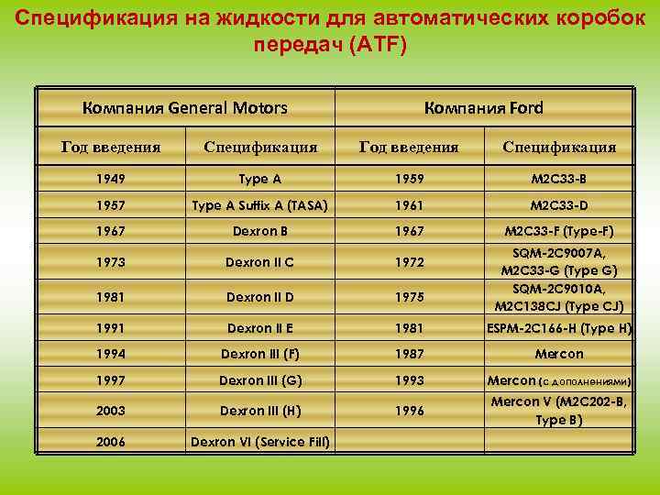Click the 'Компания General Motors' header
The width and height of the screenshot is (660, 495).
coord(184,108)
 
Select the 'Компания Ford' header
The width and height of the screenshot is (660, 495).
coord(484,108)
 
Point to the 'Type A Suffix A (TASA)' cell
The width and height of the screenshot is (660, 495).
coord(260,205)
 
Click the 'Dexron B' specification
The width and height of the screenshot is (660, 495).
coord(260,231)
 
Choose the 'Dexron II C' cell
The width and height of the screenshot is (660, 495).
coord(260,263)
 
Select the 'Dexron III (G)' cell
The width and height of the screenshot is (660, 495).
coord(260,380)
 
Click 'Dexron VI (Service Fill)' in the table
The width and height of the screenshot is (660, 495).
coord(260,442)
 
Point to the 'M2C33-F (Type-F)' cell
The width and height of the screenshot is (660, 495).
coord(559,231)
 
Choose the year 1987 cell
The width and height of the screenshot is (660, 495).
coord(409,354)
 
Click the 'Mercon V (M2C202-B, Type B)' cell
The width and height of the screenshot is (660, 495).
coord(559,411)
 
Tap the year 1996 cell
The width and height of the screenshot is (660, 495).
coord(409,411)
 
